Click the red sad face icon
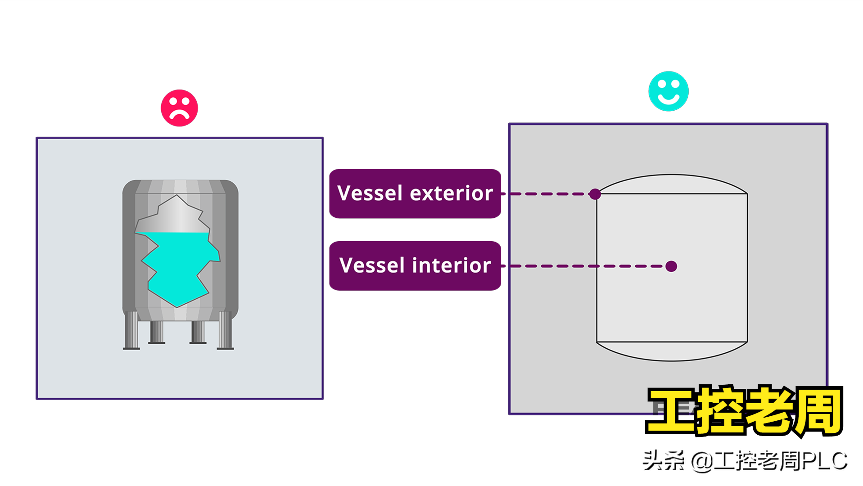pos(179,108)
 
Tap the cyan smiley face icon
pos(668,91)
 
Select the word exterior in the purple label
pos(452,193)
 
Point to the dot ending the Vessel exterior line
pos(595,194)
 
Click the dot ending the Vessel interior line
pos(671,266)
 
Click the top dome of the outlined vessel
pos(672,184)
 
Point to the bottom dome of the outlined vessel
pos(672,351)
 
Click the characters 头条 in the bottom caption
pos(663,461)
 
